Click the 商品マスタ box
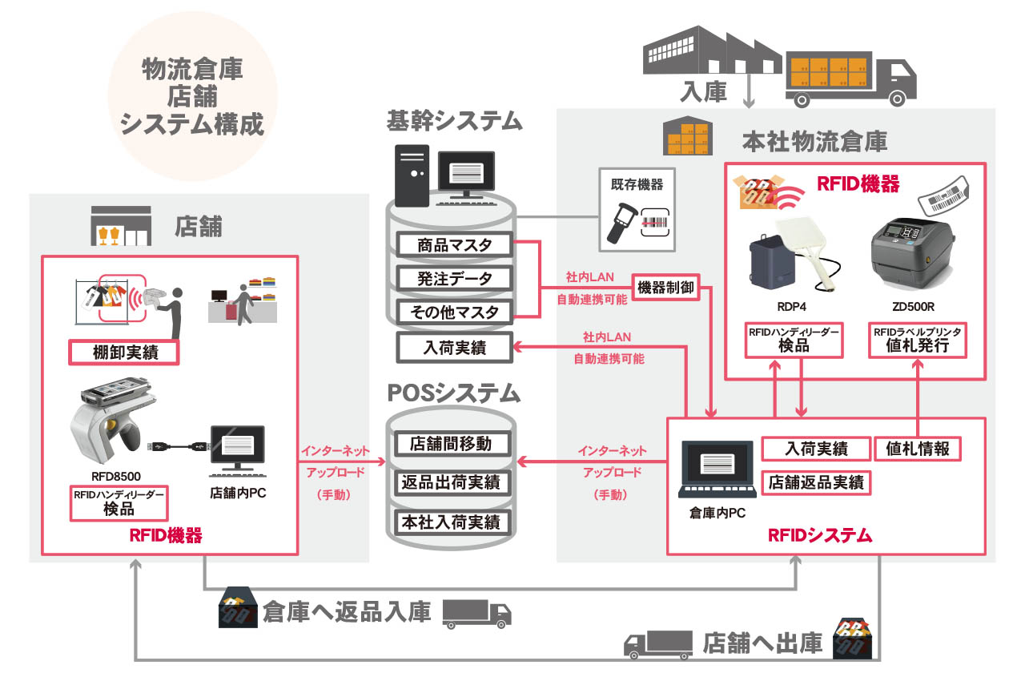coord(454,245)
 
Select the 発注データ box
coord(454,278)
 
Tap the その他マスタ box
coord(454,312)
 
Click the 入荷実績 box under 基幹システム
coord(454,348)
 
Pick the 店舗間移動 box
coord(452,444)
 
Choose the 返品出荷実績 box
coord(452,482)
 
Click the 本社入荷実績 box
coord(452,522)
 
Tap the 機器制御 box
coord(665,288)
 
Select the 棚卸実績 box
coord(124,352)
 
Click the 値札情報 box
coord(918,449)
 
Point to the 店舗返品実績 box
coord(816,482)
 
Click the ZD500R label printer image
coord(913,254)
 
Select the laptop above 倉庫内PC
coord(717,469)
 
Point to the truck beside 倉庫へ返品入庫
coord(476,614)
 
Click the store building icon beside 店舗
coord(121,226)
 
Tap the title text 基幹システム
coord(454,121)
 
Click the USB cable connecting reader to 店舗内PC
coord(179,445)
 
